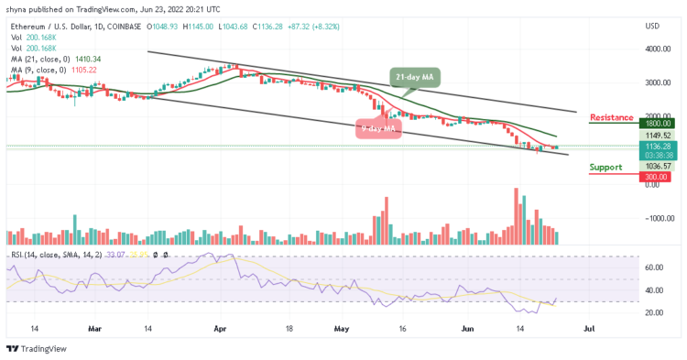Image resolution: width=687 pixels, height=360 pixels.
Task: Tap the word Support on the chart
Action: tap(606, 167)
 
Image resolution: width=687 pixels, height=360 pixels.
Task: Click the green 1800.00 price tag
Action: tap(657, 124)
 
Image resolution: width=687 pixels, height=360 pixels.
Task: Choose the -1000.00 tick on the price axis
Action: tap(657, 218)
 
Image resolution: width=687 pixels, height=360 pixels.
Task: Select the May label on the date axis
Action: tap(342, 326)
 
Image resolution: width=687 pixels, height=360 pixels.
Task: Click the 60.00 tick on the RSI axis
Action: tap(653, 268)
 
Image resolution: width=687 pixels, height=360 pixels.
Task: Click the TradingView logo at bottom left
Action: tap(36, 349)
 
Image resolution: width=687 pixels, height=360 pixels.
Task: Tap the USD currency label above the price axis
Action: tap(653, 26)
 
